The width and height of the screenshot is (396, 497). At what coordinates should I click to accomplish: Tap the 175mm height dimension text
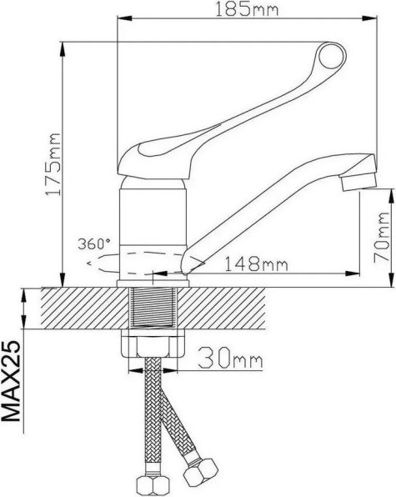click(53, 163)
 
